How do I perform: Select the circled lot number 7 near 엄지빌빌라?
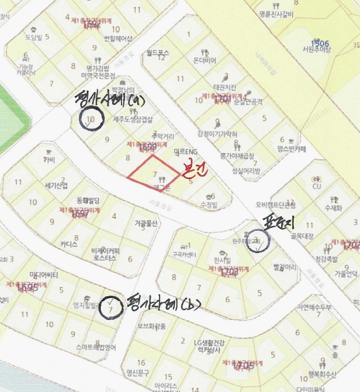click(x=111, y=308)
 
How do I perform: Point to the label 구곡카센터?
click(x=184, y=255)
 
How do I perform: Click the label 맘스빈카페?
click(x=291, y=150)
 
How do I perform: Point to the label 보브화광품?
click(x=152, y=326)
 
